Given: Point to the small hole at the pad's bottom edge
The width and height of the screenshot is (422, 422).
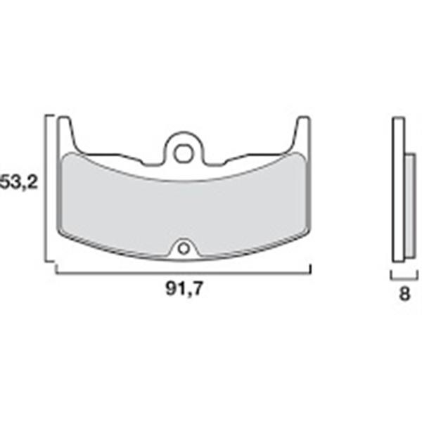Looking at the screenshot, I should point(184,247).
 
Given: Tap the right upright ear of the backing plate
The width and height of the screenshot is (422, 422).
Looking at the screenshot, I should point(303,134).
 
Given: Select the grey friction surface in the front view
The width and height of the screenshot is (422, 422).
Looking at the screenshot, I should point(183,207).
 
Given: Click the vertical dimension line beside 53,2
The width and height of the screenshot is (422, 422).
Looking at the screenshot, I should point(47,190).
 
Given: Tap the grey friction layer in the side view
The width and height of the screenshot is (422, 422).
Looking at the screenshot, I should point(410,204).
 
